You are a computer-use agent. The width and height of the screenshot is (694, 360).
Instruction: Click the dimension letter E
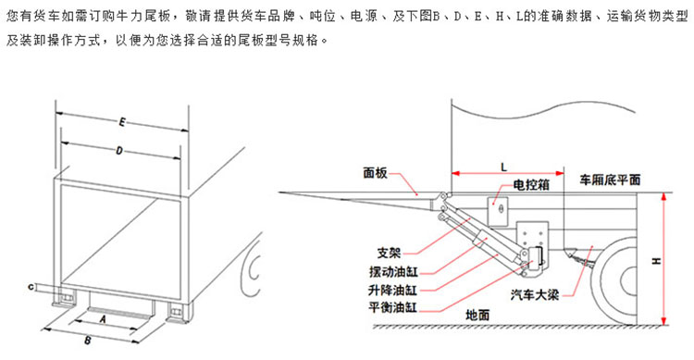[x=122, y=122]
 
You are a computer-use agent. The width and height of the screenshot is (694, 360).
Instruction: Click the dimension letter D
[x=119, y=151]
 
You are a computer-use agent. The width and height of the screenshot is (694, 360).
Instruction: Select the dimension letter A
[x=103, y=319]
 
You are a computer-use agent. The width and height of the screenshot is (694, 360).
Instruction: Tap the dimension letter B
[x=88, y=341]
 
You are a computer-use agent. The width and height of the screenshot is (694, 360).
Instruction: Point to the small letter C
[x=31, y=288]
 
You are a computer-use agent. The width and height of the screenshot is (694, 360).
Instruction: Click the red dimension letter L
[x=503, y=168]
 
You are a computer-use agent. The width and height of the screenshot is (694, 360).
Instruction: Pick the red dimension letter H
[x=656, y=261]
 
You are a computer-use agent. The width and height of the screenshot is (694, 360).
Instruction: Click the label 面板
[x=375, y=173]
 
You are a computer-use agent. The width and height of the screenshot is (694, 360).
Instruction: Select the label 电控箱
[x=531, y=185]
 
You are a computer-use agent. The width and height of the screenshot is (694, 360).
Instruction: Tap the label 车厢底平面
[x=611, y=180]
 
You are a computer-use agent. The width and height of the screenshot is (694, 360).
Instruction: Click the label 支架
[x=389, y=253]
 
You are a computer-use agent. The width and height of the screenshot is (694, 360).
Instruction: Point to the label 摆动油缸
[x=393, y=271]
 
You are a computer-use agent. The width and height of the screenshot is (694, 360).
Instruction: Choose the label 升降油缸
[x=392, y=290]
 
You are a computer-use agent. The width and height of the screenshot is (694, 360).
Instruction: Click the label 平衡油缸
[x=392, y=307]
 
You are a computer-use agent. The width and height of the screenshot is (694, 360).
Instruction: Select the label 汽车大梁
[x=535, y=294]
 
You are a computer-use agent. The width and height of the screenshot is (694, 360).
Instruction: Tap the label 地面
[x=477, y=316]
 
